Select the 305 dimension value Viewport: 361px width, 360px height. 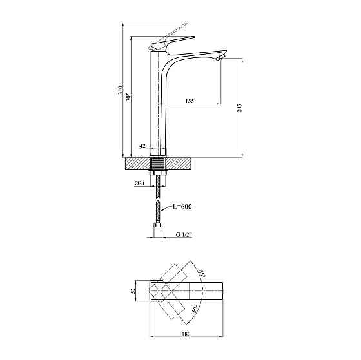[129, 96]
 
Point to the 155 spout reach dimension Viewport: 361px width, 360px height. [190, 101]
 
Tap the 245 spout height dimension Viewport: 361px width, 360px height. [240, 108]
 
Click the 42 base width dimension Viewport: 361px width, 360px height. [141, 146]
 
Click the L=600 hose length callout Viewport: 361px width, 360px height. [182, 206]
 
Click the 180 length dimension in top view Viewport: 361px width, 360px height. [186, 334]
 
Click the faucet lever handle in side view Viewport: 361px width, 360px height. [169, 43]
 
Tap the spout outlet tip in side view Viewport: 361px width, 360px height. [221, 57]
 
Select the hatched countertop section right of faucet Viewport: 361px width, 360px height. [183, 163]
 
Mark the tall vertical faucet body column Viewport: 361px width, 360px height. [161, 103]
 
